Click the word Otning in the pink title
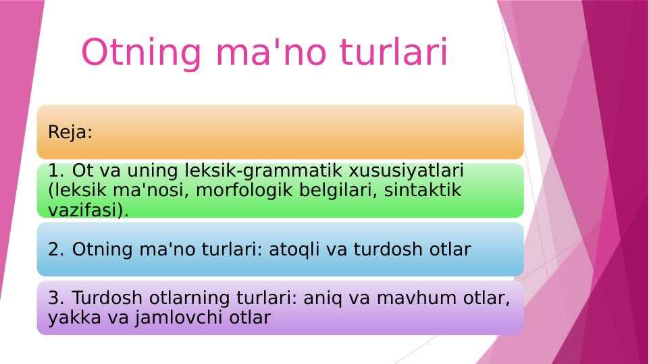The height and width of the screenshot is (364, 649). pyautogui.click(x=141, y=53)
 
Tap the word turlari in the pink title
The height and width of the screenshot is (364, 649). pyautogui.click(x=394, y=52)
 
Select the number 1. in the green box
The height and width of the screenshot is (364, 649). pyautogui.click(x=57, y=171)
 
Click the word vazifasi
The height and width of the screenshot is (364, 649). pyautogui.click(x=85, y=210)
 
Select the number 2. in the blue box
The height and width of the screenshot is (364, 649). pyautogui.click(x=57, y=249)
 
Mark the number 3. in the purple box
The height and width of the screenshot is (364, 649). pyautogui.click(x=57, y=298)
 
